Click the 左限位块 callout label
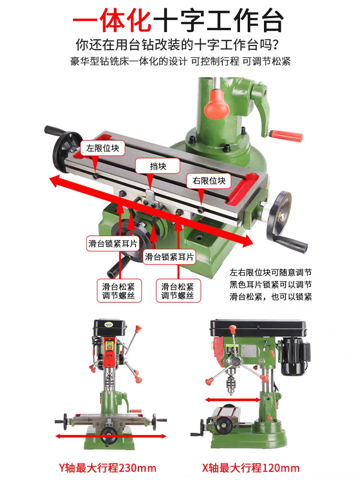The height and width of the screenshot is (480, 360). (x=103, y=148)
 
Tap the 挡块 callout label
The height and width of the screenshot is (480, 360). (x=157, y=166)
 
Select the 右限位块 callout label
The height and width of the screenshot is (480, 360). (x=209, y=181)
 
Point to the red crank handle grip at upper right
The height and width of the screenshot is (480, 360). (x=286, y=135)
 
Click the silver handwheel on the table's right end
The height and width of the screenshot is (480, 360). (x=278, y=215)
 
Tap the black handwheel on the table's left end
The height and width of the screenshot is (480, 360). (x=66, y=152)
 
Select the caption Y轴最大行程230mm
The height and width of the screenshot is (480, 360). (x=108, y=468)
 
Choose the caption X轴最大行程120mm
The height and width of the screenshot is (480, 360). (x=251, y=468)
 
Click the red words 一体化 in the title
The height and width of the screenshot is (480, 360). (x=112, y=21)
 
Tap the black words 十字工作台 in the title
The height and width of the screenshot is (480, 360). (x=218, y=21)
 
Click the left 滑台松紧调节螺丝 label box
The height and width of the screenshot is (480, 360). (x=120, y=291)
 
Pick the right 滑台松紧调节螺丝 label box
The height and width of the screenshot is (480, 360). (x=179, y=291)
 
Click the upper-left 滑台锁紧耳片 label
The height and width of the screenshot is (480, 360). (x=113, y=244)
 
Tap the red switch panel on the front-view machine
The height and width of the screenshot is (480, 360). (x=109, y=351)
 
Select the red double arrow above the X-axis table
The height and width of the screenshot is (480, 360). (x=233, y=400)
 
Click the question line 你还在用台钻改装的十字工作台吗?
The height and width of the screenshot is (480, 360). (x=177, y=45)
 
